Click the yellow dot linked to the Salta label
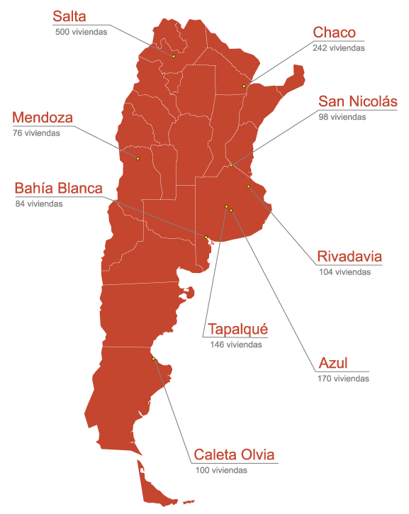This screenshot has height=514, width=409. click(x=174, y=56)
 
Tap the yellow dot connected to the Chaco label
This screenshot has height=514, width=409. click(x=244, y=86)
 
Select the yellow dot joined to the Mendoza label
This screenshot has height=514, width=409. click(x=138, y=158)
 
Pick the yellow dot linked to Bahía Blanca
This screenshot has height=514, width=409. click(x=206, y=237)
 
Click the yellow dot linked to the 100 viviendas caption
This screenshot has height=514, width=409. click(x=153, y=359)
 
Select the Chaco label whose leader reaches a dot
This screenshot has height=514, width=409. click(x=335, y=33)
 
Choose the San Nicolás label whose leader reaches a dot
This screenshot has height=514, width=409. click(x=358, y=102)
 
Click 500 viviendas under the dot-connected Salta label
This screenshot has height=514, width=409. click(x=81, y=32)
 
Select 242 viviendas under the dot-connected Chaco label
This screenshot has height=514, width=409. click(x=339, y=47)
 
